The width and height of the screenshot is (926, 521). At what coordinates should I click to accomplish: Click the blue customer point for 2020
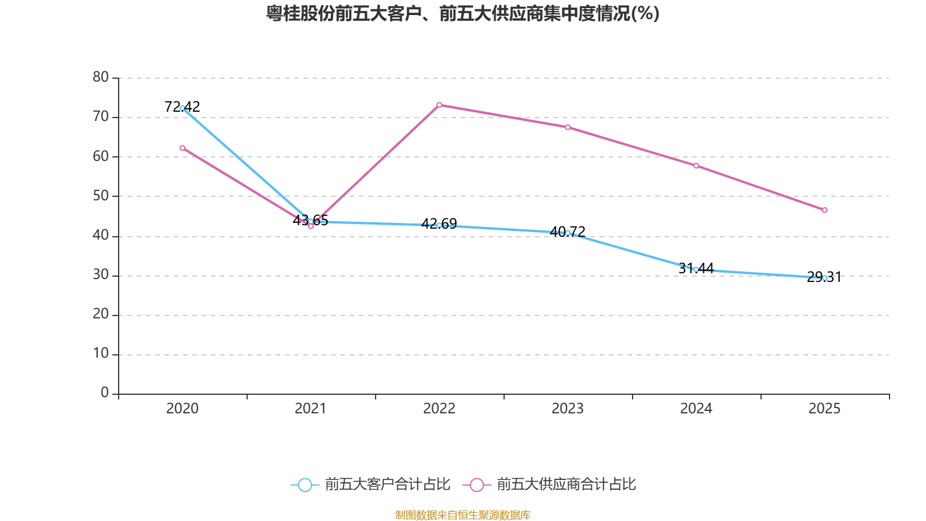[182, 108]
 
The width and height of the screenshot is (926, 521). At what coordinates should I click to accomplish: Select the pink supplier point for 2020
[182, 148]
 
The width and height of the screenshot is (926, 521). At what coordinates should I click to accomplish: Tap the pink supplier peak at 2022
[439, 105]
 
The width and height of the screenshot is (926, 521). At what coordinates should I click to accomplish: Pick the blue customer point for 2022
[439, 225]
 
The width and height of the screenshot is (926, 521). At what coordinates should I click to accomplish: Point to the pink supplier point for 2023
[568, 127]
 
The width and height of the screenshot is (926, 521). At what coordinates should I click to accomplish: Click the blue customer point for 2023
[568, 233]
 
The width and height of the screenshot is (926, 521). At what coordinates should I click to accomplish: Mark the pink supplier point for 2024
[696, 166]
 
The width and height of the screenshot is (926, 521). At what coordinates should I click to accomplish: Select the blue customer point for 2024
[696, 269]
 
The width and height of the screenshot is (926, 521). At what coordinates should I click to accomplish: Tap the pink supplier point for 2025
[825, 210]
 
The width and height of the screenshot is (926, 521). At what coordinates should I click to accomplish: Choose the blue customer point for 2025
[825, 278]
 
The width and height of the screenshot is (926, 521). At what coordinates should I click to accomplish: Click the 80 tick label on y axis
[101, 77]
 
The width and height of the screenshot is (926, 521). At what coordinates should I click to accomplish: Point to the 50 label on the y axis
[101, 196]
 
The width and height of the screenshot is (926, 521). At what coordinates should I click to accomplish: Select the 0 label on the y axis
[105, 393]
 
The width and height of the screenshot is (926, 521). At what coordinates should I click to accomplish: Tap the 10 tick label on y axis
[101, 354]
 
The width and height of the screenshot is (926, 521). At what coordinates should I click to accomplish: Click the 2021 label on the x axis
[311, 409]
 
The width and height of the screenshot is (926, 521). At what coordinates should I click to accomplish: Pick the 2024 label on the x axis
[696, 409]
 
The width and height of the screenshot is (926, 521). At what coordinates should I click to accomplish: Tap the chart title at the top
[462, 13]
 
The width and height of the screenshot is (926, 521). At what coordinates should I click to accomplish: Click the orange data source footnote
[462, 515]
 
